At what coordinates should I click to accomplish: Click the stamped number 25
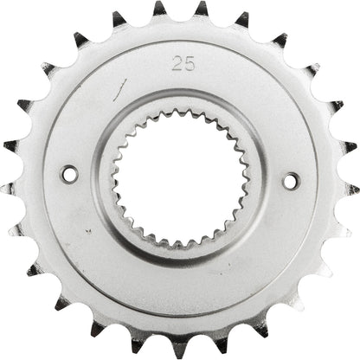tap(182, 62)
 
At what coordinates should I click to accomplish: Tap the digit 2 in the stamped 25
tap(177, 62)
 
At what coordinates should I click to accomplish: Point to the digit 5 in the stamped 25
tap(187, 62)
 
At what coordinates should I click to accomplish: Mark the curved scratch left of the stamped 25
tap(121, 85)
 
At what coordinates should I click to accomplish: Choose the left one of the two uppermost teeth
tap(159, 10)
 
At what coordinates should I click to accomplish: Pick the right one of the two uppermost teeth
tap(201, 10)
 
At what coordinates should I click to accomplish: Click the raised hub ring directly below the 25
tap(180, 97)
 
